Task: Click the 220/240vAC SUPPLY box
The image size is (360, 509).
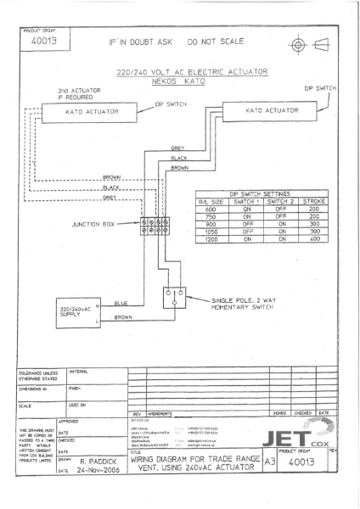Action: [x=78, y=312]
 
